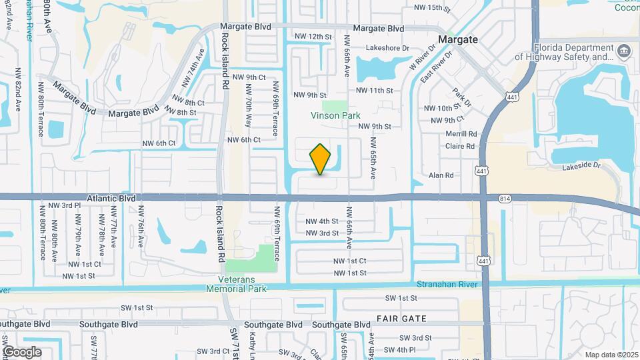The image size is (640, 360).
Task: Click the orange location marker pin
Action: point(321,159)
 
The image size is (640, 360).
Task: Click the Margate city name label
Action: point(458,39)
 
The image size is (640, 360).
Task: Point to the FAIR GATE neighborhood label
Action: point(401,319)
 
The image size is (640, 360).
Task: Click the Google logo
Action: point(21,352)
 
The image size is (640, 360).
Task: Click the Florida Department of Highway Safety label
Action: point(575,53)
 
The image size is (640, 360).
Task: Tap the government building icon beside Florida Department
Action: point(625,50)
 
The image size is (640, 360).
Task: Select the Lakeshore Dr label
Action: point(387,48)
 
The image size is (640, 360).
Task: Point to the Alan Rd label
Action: point(441,175)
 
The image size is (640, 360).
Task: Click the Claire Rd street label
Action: point(460,146)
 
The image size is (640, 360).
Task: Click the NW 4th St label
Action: point(322,221)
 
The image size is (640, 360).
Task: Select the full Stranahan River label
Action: point(448,284)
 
